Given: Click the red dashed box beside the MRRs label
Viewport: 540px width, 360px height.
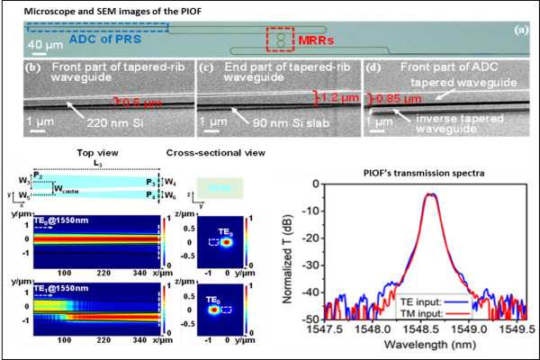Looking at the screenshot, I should point(281,40).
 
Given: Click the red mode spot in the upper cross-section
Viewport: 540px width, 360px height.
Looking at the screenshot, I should point(229,240).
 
